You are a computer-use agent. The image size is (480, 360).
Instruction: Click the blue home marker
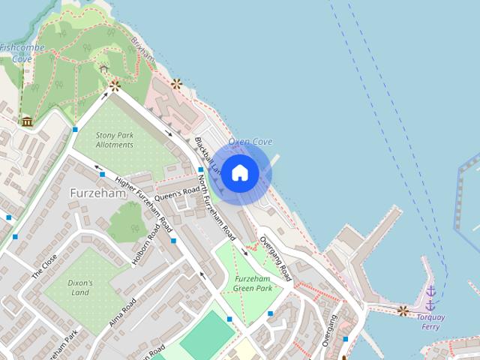[239, 173]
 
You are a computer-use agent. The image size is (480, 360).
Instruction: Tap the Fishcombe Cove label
[22, 52]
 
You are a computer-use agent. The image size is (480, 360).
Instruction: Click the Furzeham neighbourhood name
[97, 193]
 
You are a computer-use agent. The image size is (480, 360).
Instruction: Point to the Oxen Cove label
[250, 142]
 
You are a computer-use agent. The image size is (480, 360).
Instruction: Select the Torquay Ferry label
[430, 321]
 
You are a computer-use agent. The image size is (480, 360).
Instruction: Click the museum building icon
[27, 121]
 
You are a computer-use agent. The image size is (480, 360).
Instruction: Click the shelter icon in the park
[103, 69]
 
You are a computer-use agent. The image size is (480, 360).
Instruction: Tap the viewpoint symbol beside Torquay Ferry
[403, 310]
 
